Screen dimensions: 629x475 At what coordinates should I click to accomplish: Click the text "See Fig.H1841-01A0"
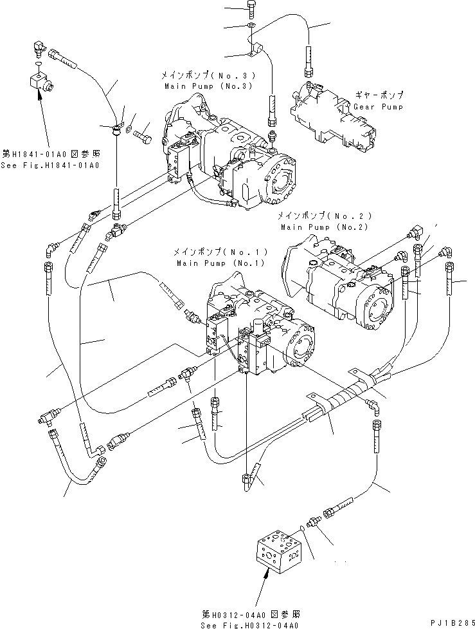coord(51,165)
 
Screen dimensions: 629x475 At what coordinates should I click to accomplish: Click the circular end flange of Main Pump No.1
coord(301,343)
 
